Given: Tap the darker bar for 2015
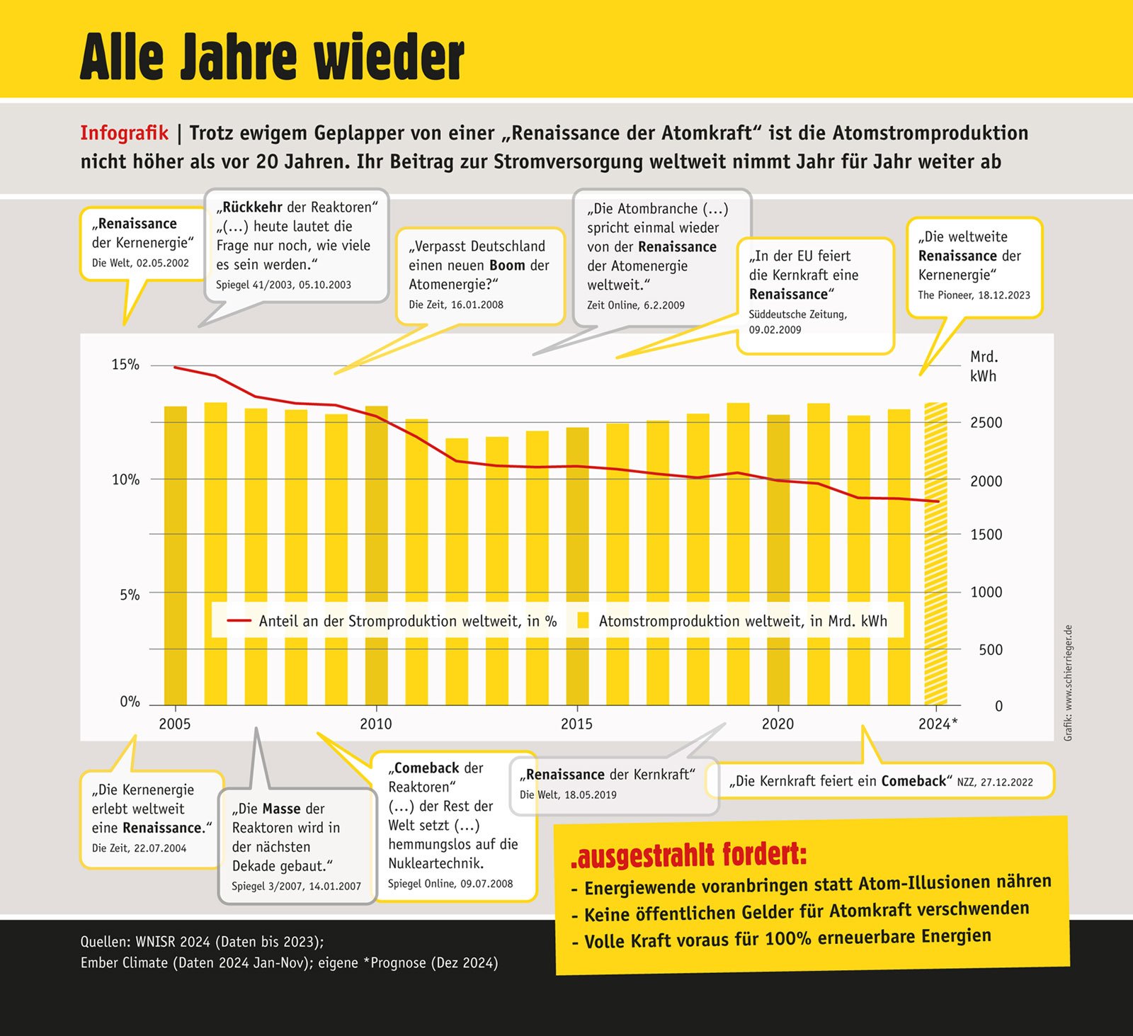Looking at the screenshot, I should tap(577, 567).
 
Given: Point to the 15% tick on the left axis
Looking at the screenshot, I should tap(125, 365).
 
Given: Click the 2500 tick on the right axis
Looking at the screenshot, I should tap(986, 423).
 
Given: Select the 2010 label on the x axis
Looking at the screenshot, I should tap(375, 724).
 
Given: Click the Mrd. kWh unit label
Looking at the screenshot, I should tap(984, 366).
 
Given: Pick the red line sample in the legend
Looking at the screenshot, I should tap(239, 621).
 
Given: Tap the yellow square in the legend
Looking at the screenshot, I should tap(583, 621).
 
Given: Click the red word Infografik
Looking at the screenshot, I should tap(124, 133).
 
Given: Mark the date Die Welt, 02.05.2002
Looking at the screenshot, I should tap(140, 263).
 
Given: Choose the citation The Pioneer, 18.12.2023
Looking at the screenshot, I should tap(974, 295).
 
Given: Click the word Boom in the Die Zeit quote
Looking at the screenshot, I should tap(507, 266).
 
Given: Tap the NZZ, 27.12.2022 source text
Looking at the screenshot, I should tap(995, 782).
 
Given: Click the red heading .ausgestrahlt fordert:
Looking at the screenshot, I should tap(688, 855).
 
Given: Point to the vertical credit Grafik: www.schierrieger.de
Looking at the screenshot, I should tap(1069, 683).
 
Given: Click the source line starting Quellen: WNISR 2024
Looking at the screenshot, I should tap(202, 942).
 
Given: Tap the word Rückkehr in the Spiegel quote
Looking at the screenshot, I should tap(252, 207).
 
